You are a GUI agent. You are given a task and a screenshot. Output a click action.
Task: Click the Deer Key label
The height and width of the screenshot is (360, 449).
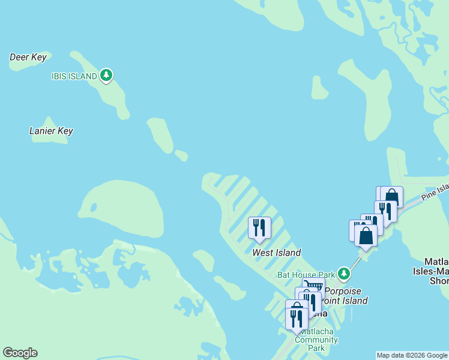click(28, 57)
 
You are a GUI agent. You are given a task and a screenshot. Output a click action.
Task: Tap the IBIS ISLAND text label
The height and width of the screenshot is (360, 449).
click(74, 76)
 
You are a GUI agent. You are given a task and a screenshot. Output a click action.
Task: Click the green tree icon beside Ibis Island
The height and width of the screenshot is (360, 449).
click(106, 75)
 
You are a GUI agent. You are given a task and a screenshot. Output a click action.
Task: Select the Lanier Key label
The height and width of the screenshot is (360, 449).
click(51, 131)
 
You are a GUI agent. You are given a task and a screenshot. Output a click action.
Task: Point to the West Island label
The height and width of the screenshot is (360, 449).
click(276, 253)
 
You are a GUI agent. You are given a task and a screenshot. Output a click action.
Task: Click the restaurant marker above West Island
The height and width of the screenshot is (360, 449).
click(259, 227)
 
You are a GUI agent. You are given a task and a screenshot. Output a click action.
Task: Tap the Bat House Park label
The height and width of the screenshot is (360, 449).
click(306, 275)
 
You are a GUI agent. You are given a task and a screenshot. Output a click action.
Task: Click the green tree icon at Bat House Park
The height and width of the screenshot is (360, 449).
click(343, 274)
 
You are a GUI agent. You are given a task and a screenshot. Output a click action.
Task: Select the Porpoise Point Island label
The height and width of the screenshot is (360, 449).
click(339, 296)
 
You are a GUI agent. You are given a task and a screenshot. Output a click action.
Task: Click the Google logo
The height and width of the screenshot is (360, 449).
click(20, 353)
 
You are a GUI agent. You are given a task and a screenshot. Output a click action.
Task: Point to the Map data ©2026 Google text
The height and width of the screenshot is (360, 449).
click(412, 355)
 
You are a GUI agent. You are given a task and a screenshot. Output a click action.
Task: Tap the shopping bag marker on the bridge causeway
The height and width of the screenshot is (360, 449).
click(366, 235)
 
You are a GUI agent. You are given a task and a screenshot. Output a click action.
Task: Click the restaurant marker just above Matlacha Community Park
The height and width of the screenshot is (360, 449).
click(297, 317)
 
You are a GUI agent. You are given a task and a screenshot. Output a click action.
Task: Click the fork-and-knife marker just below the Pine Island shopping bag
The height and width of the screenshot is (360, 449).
click(385, 211)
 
